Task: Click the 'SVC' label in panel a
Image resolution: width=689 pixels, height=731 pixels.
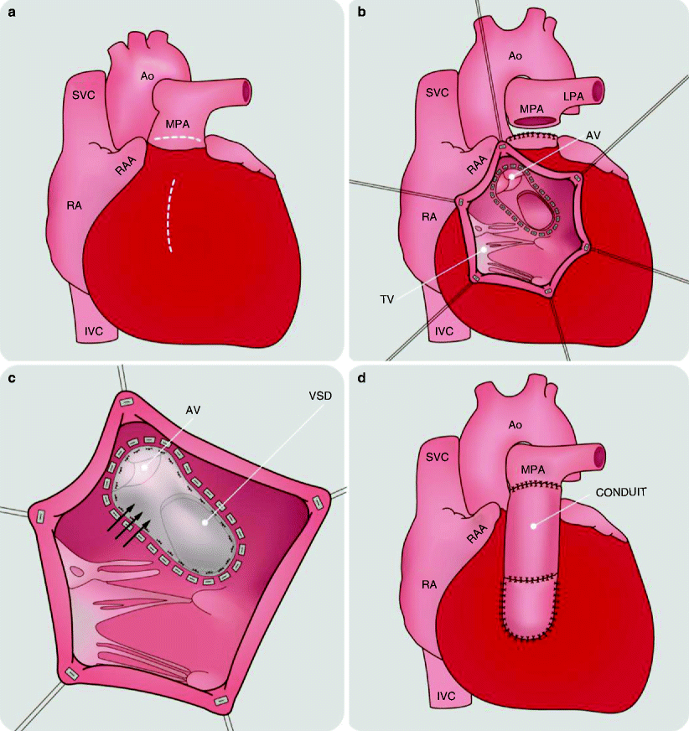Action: point(83,95)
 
